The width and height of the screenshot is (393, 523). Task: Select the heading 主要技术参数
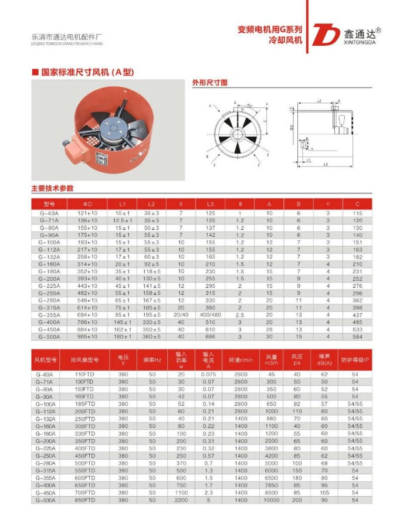[x=52, y=188]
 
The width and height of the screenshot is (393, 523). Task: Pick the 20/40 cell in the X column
[x=181, y=315]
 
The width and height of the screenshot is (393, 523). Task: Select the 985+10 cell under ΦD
[x=87, y=337]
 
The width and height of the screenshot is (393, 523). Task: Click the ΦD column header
[x=87, y=203]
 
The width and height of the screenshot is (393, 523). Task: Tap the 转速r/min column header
[x=240, y=359]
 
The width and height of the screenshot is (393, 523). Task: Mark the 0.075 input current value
[x=209, y=374]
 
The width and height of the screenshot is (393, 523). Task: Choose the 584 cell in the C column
[x=357, y=337]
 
